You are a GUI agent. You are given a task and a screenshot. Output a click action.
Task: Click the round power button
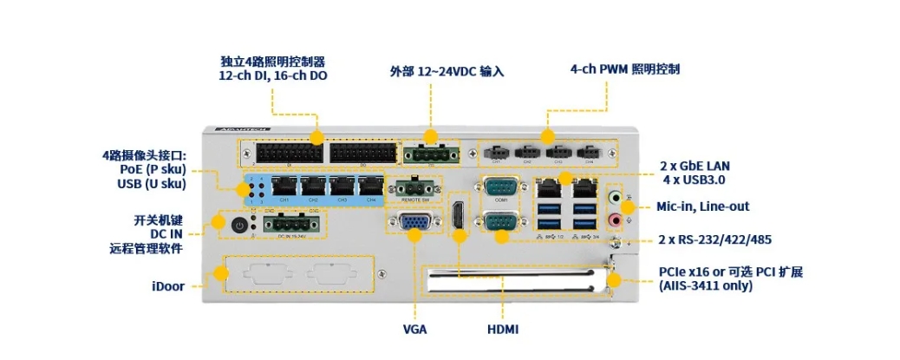(x=240, y=225)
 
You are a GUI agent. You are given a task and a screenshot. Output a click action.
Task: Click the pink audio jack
(x=616, y=220)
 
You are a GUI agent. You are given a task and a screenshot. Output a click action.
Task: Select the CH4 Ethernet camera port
(x=371, y=186)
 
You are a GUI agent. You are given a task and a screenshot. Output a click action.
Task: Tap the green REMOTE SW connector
(x=414, y=187)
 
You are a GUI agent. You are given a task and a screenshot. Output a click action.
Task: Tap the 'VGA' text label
(x=414, y=330)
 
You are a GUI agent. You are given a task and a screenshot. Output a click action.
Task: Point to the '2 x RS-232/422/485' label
(x=715, y=239)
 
